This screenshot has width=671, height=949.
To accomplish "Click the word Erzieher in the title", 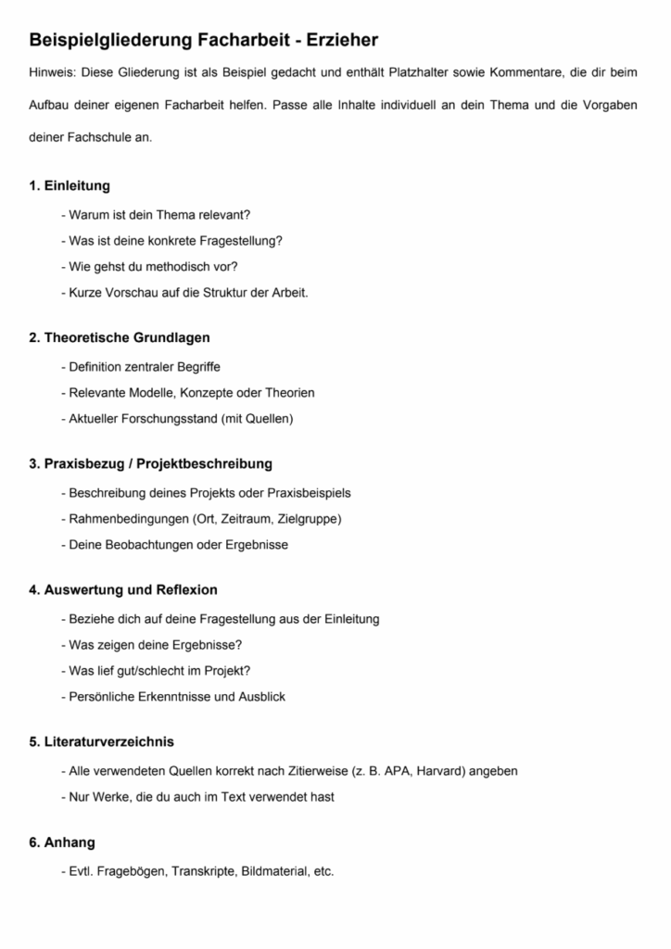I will [334, 40].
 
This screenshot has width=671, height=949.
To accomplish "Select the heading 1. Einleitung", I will [70, 185].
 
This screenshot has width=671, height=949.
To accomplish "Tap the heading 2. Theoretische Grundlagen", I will [120, 337].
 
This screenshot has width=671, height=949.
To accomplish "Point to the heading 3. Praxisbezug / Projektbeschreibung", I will [150, 463].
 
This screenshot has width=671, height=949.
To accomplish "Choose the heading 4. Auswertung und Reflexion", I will [123, 589].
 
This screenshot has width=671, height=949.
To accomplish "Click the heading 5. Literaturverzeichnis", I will [101, 741].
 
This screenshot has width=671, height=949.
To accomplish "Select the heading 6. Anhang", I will [62, 842].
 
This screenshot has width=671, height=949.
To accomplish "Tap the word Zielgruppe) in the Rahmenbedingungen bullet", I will [310, 519].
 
